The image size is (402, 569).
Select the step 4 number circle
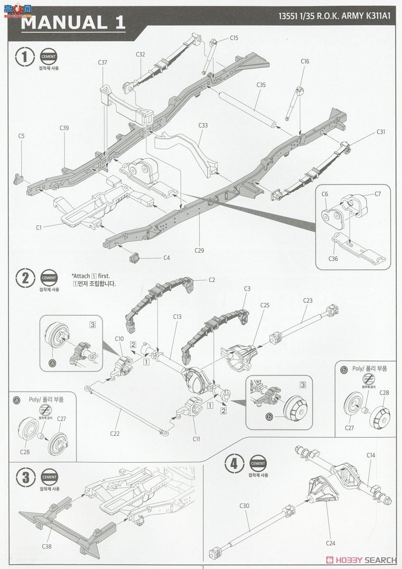coord(234,463)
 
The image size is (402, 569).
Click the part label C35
coord(261,85)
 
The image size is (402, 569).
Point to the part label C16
coord(305,61)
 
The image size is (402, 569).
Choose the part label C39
coord(65,128)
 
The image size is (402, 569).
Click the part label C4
coord(167,257)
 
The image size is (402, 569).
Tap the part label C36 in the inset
coord(333,258)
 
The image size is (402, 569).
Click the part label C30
coord(244,505)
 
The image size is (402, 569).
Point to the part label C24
coord(331,543)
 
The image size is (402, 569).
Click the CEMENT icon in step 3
coord(49,477)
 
